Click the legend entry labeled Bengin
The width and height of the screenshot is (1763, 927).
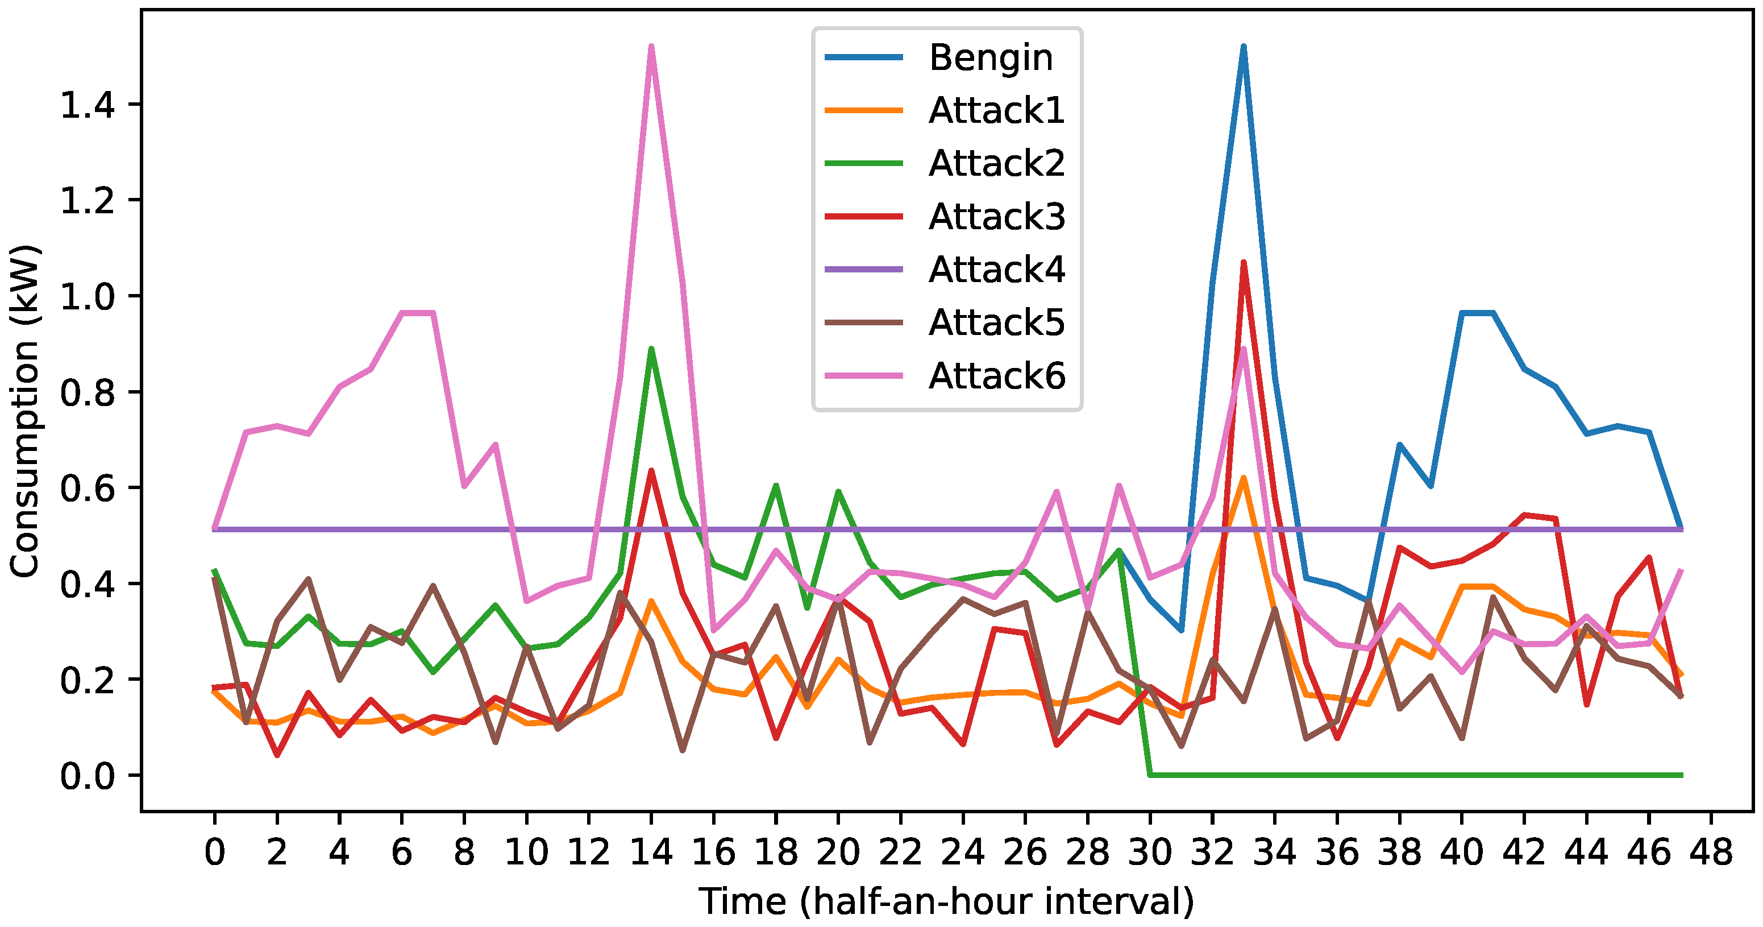(989, 57)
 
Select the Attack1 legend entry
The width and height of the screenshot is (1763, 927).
(996, 110)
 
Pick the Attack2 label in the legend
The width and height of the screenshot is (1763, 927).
(996, 164)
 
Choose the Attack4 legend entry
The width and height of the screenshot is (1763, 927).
(996, 270)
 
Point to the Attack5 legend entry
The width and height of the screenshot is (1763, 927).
(996, 322)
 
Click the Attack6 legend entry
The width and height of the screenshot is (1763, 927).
(996, 376)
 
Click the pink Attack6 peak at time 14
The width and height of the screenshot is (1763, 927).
(651, 47)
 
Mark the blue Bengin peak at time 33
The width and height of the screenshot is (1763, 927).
(1244, 47)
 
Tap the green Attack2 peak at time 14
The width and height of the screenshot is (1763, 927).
(651, 349)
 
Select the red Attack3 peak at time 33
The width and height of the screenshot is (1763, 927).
(1244, 262)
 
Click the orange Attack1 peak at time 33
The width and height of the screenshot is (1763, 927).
(1244, 478)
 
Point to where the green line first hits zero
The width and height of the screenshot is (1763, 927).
(1150, 775)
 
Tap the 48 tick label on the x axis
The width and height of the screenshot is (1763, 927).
(1711, 852)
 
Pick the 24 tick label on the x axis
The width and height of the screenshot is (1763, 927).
(962, 852)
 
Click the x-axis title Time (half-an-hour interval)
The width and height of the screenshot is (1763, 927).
(946, 901)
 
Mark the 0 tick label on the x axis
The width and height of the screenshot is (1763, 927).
(214, 852)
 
